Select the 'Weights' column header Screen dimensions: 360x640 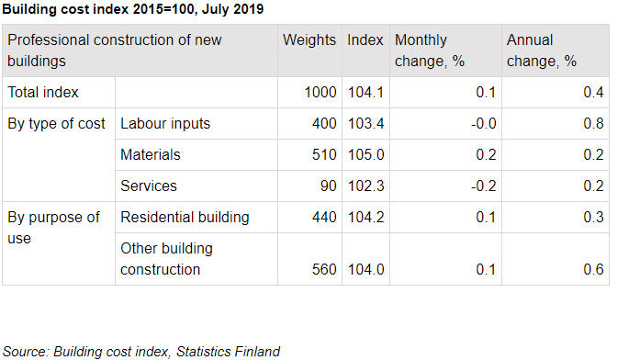309,41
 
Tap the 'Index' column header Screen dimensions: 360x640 365,41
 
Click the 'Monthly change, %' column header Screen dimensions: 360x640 421,51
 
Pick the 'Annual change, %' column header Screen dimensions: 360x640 542,51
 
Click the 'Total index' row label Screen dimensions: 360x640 43,92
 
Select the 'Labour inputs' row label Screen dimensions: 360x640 165,124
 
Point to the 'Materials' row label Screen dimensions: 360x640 151,155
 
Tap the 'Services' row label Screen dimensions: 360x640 148,186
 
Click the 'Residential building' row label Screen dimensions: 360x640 185,218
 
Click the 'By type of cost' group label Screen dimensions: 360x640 57,124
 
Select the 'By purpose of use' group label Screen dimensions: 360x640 53,227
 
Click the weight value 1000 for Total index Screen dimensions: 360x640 320,92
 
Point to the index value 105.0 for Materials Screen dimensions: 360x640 365,155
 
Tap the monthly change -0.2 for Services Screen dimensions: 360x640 483,186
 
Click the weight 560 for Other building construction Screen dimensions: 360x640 326,269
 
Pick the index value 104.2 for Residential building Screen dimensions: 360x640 365,218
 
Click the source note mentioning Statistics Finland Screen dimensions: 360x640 141,351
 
